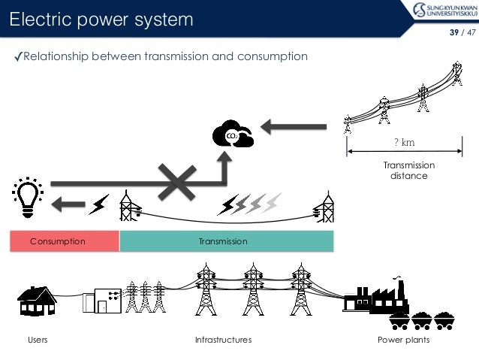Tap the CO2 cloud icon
pos(233,135)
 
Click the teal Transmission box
pos(226,241)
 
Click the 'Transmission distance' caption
pos(408,171)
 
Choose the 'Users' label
pos(38,340)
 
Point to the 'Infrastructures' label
pos(223,340)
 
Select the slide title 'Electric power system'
pos(101,18)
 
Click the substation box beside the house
pos(107,299)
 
